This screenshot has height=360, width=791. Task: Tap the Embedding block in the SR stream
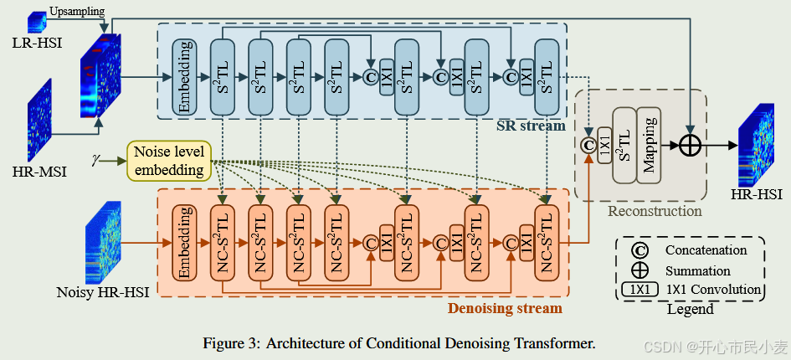coord(184,76)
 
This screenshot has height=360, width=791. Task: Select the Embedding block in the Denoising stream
coord(183,242)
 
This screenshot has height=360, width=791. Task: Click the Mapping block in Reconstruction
coord(649,145)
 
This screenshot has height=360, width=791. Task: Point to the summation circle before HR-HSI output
coord(690,145)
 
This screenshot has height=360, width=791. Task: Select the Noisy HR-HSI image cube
coord(103,242)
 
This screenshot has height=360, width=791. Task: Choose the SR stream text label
coord(531,126)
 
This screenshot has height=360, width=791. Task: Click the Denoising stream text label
coord(504,308)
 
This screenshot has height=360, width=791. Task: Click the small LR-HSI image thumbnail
coord(38,20)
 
